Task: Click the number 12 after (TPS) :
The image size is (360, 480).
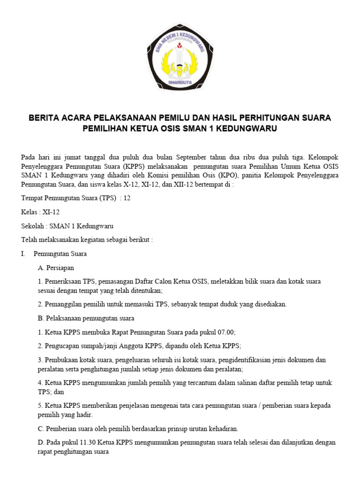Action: click(x=127, y=198)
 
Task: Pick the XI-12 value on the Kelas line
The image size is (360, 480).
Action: click(x=51, y=212)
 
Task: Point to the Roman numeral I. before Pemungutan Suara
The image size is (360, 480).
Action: click(x=23, y=254)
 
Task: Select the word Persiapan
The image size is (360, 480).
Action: click(x=60, y=268)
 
